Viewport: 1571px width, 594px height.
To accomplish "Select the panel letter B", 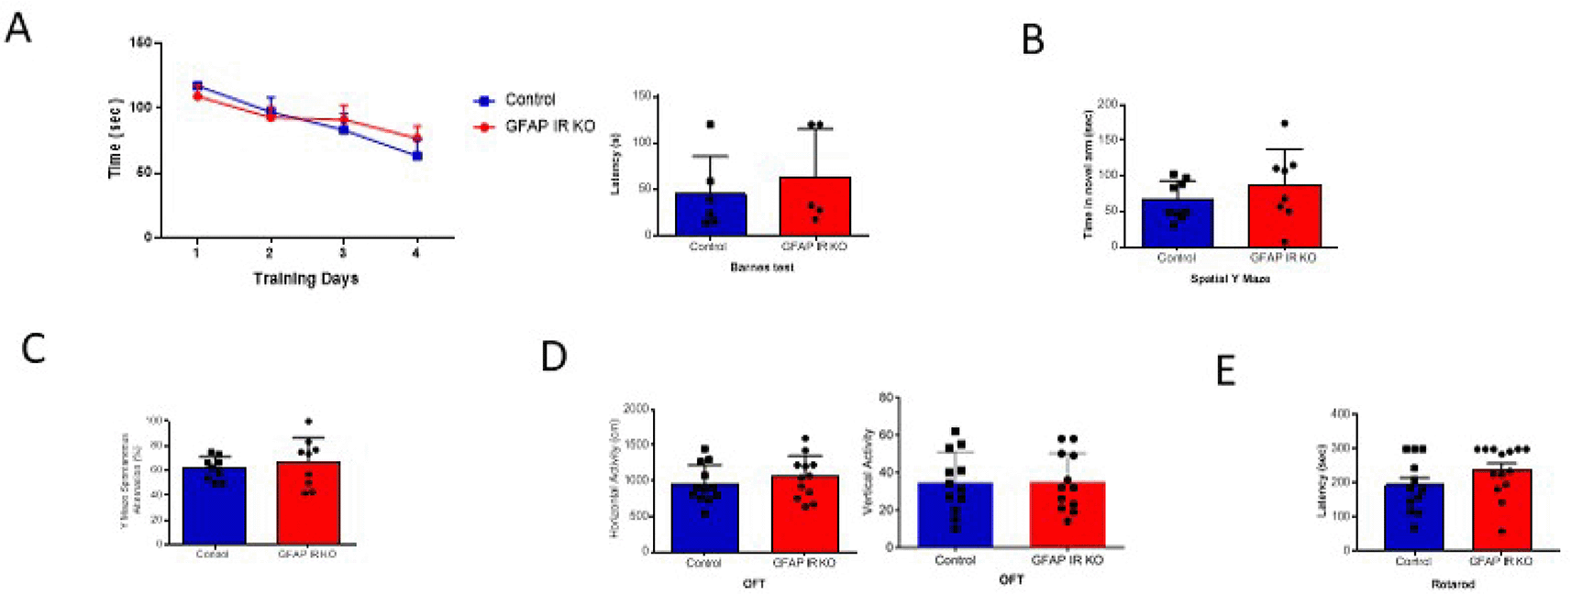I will click(1033, 40).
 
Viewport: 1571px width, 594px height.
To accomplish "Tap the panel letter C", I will click(33, 348).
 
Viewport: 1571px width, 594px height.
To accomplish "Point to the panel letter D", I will click(554, 356).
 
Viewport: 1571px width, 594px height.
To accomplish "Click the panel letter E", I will click(1225, 371).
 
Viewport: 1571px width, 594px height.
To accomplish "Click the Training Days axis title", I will click(305, 279).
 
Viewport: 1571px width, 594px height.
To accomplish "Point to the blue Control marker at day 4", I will click(416, 156).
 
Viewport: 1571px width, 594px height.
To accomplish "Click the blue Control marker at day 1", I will click(197, 86).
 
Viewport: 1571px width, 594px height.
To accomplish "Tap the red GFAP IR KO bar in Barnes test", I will click(814, 206).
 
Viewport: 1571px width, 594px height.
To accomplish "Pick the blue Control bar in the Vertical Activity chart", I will click(955, 514).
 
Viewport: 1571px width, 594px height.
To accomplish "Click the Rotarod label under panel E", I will click(1451, 584).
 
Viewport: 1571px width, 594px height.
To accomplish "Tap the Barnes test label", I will click(761, 268).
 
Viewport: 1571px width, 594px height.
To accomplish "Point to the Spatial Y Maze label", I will click(1229, 279).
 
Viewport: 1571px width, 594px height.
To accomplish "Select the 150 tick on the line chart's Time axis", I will click(140, 43).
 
